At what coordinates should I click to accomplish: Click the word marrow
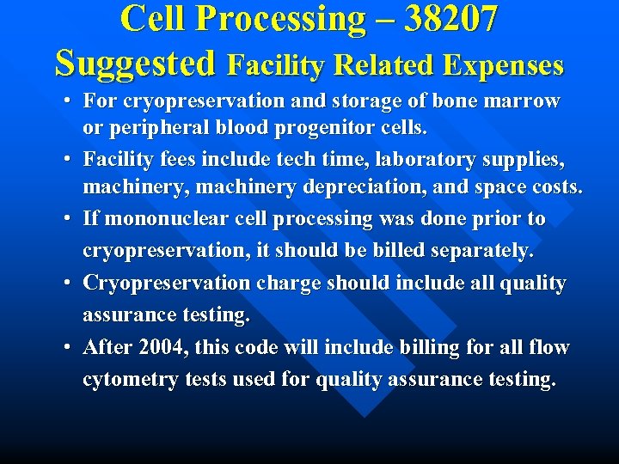click(521, 101)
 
